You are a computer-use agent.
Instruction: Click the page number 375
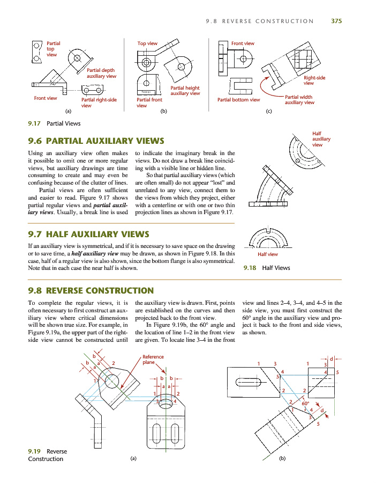[336, 21]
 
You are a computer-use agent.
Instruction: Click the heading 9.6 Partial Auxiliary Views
[96, 141]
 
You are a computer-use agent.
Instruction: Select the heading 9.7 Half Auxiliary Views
[88, 234]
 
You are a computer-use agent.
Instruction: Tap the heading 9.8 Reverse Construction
[91, 291]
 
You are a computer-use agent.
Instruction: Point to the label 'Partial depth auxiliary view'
[101, 73]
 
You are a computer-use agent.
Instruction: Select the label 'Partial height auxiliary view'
[185, 90]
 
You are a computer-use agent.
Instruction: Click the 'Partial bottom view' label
[238, 99]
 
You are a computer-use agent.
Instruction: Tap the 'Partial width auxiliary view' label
[299, 100]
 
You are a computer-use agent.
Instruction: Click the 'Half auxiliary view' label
[321, 139]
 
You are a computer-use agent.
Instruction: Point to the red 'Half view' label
[268, 254]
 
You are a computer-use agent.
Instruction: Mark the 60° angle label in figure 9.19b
[306, 403]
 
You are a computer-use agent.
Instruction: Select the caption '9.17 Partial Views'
[54, 123]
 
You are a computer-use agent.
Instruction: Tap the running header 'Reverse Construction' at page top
[260, 21]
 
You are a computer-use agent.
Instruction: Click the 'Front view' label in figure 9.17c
[243, 43]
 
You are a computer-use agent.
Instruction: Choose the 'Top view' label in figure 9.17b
[147, 43]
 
